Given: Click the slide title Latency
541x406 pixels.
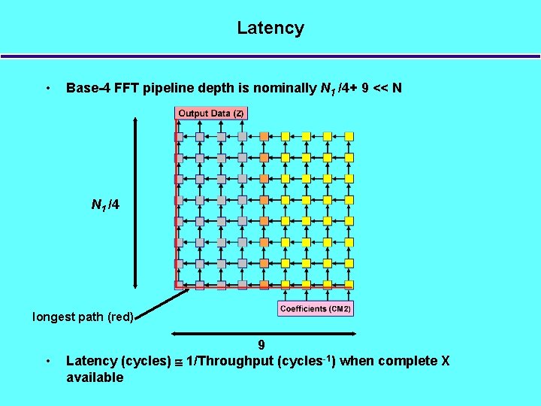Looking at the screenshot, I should point(270,29).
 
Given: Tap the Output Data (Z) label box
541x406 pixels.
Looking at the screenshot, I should point(210,114).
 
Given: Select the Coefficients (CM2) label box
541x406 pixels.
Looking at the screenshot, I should point(316,309).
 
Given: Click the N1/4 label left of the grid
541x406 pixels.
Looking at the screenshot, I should point(105,205).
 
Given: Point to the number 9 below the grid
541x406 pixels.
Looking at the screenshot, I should point(261,345).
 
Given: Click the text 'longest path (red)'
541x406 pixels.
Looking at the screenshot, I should point(83,317).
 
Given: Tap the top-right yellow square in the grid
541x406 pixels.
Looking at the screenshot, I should point(349,136).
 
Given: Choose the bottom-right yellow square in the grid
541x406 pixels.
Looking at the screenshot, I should point(349,285).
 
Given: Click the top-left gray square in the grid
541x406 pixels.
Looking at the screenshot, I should point(179,136).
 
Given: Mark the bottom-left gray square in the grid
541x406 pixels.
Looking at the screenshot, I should point(179,285).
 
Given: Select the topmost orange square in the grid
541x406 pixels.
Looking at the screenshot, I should point(264,136).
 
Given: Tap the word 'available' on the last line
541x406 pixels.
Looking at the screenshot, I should point(95,377).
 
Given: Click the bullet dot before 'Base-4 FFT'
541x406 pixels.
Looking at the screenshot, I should point(48,88).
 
